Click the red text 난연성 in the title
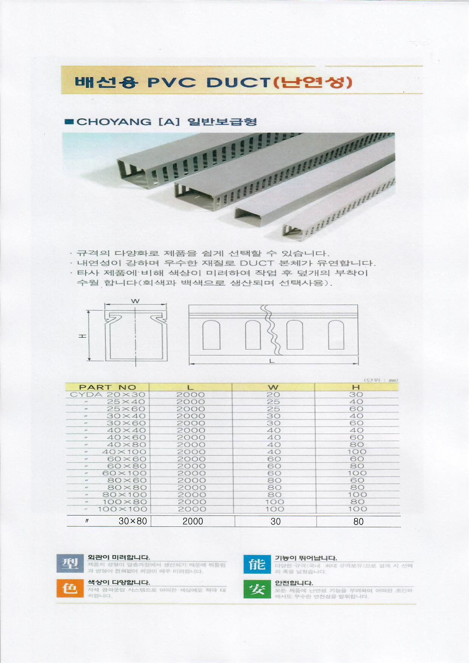(x=312, y=82)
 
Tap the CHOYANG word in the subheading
(x=114, y=122)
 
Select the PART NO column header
(x=107, y=387)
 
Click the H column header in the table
(x=356, y=387)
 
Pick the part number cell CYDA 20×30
(x=108, y=394)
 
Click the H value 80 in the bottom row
(x=358, y=522)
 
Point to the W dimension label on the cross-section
(x=135, y=301)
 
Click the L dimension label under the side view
(x=271, y=361)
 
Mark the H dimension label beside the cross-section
(x=82, y=336)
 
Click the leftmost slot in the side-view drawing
(x=211, y=335)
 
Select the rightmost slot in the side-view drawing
(x=336, y=335)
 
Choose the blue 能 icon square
(x=257, y=564)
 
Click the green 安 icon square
(x=257, y=589)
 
